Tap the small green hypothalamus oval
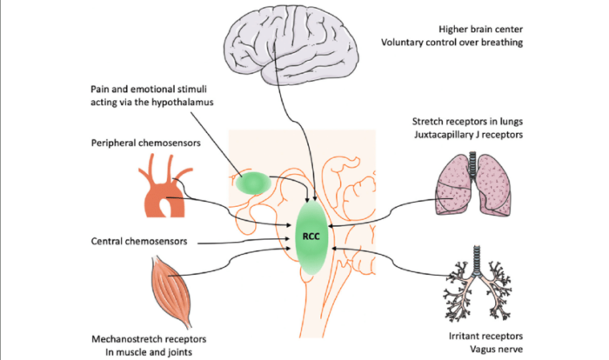(254, 182)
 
